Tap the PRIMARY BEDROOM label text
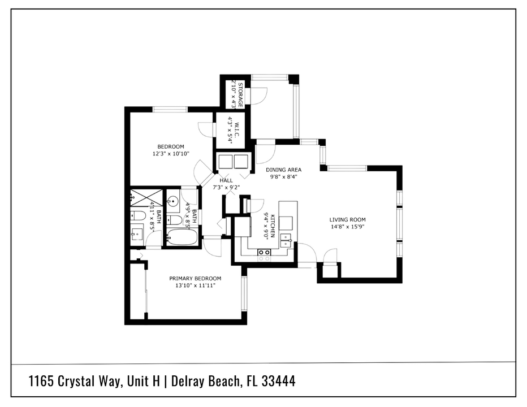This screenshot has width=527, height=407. pyautogui.click(x=195, y=278)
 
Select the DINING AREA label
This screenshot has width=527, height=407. pyautogui.click(x=283, y=169)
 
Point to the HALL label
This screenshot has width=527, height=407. pyautogui.click(x=218, y=180)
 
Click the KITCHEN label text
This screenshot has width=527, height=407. pyautogui.click(x=272, y=225)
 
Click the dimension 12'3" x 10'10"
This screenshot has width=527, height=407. pyautogui.click(x=170, y=154)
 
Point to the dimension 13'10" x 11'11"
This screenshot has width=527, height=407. pyautogui.click(x=195, y=285)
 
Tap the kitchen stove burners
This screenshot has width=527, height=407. pyautogui.click(x=264, y=255)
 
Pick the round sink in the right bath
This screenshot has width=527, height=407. pyautogui.click(x=174, y=200)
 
